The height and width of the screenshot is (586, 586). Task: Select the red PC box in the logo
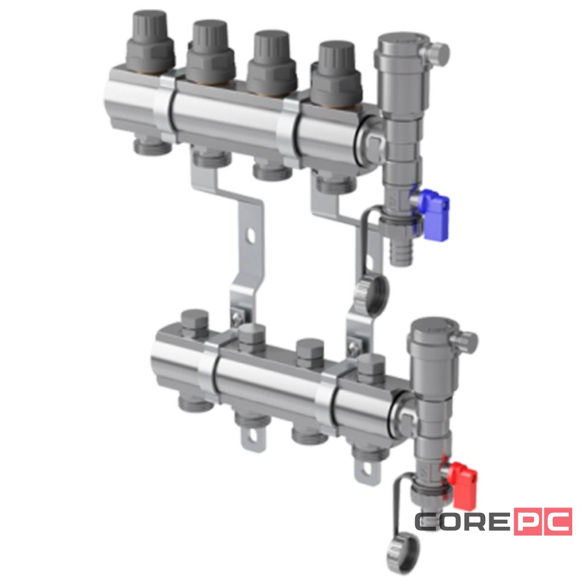(542, 521)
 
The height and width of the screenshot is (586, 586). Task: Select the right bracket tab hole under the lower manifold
(367, 468)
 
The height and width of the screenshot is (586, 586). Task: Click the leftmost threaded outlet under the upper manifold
(150, 146)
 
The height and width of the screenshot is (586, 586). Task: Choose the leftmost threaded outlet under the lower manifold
(197, 402)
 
